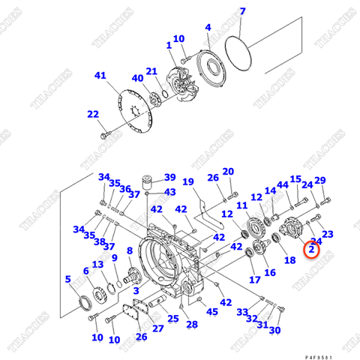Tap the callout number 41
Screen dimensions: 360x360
click(x=100, y=75)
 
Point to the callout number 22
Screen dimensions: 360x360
click(x=92, y=114)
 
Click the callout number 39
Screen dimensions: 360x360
click(x=170, y=178)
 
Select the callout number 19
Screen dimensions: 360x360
click(x=188, y=182)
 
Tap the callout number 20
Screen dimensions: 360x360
click(x=228, y=172)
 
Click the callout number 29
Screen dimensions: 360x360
click(x=320, y=181)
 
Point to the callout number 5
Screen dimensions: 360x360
click(x=68, y=279)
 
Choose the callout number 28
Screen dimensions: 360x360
click(x=192, y=324)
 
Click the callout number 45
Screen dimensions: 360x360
click(x=212, y=312)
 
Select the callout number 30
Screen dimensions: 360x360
click(x=274, y=330)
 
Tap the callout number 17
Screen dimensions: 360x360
click(x=255, y=280)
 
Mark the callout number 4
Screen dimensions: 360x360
click(x=208, y=28)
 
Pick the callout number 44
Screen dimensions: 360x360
click(x=282, y=185)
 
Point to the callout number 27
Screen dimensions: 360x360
click(x=157, y=328)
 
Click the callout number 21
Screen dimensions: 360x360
click(x=151, y=71)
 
